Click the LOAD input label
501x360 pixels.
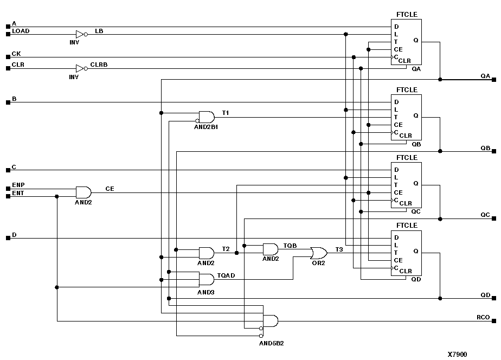click(21, 31)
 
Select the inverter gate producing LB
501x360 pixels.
click(80, 34)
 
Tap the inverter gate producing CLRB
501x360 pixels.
click(80, 68)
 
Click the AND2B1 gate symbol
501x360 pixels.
click(207, 117)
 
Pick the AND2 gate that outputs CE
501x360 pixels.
click(83, 192)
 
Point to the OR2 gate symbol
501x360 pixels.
click(318, 253)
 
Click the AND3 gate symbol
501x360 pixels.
click(206, 280)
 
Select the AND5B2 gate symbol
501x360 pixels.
click(269, 321)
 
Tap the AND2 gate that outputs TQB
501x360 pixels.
click(270, 249)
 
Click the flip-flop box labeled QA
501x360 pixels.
click(406, 42)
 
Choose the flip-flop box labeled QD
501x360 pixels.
click(406, 253)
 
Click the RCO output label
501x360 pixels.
click(483, 317)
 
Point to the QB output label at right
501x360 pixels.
click(485, 148)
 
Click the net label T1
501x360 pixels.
click(226, 113)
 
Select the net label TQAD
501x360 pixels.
click(226, 275)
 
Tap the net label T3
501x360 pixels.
click(339, 249)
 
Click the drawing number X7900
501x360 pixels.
click(457, 354)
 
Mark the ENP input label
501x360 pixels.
click(18, 185)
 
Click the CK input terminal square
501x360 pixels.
click(8, 57)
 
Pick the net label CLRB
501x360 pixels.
click(99, 65)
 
